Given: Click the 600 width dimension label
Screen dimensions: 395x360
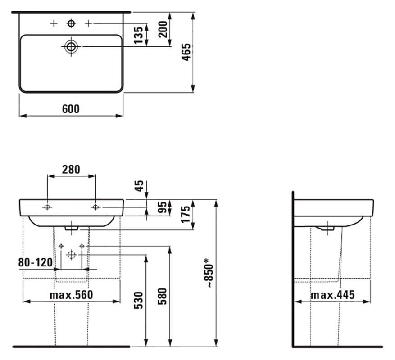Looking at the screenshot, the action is point(71,109).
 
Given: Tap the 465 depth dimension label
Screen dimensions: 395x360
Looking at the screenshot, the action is point(186,52).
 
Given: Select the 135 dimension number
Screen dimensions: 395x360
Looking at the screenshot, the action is point(138,35).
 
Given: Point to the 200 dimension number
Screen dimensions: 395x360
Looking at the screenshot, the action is point(163,29).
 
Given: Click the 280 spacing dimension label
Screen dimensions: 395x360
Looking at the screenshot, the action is point(71,170).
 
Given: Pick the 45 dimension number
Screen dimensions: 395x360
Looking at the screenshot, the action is point(139,186).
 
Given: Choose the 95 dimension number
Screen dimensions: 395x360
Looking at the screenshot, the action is point(163,207).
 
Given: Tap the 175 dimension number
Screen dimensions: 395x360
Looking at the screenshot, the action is point(186,215).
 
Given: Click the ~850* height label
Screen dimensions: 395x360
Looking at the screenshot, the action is point(209,273).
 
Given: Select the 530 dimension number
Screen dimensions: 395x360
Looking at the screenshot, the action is point(139,300).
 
